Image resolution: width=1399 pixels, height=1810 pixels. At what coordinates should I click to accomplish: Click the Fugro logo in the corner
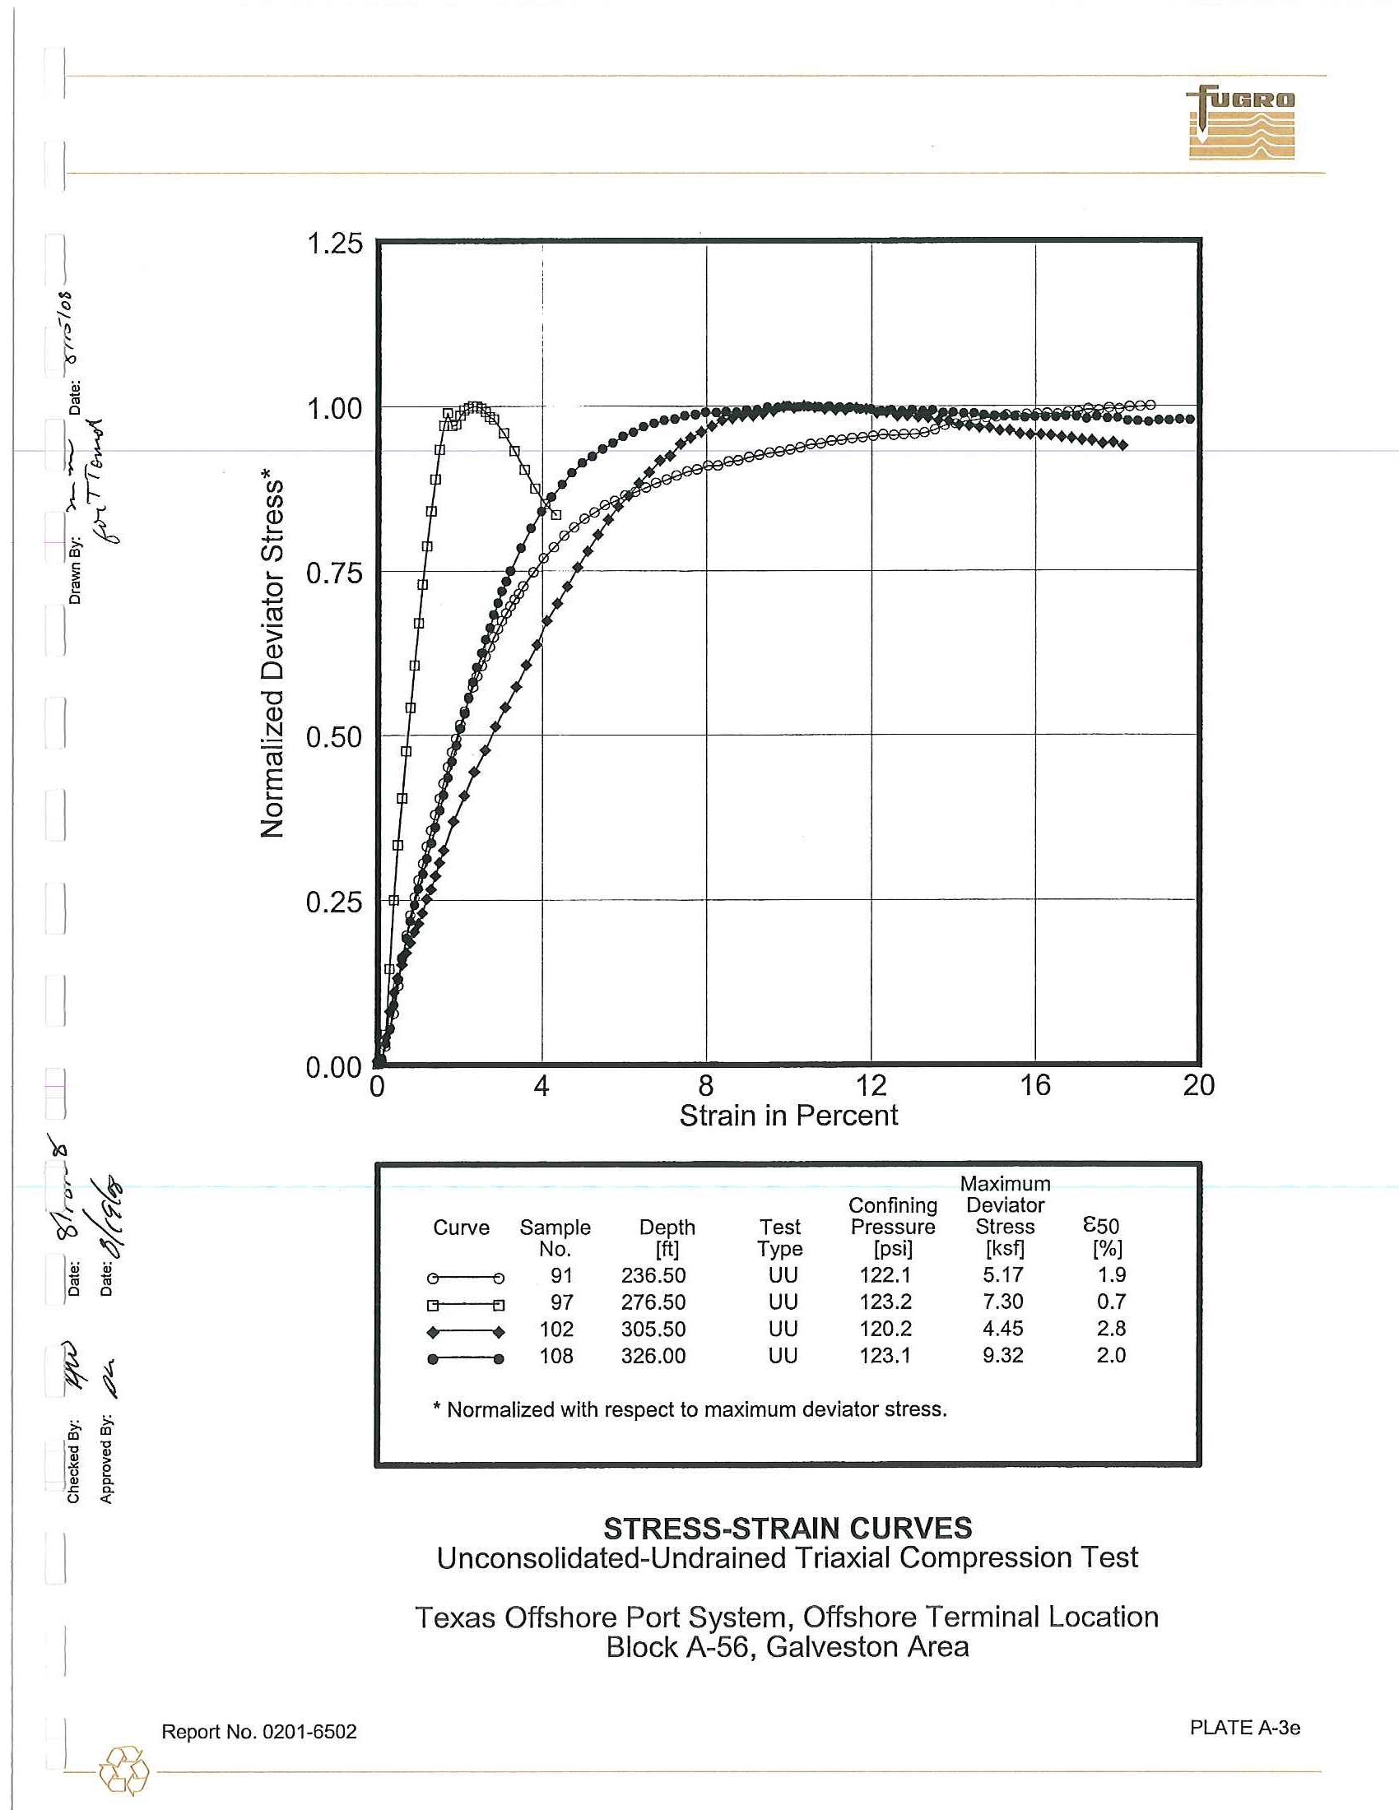click(x=1241, y=122)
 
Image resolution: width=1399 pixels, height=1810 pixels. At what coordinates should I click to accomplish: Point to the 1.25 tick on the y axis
click(x=335, y=244)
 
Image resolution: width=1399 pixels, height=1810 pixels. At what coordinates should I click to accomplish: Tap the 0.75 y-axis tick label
click(x=335, y=573)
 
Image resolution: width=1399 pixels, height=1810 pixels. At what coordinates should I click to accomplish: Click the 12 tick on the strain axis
click(x=871, y=1086)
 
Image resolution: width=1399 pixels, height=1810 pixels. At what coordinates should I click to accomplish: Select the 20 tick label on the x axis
click(x=1198, y=1086)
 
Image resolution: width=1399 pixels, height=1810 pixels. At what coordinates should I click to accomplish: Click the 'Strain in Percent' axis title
click(x=788, y=1116)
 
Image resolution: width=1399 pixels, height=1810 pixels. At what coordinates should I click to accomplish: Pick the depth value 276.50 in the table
click(x=653, y=1302)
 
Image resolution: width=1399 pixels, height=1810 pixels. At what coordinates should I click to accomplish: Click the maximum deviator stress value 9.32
click(x=1003, y=1355)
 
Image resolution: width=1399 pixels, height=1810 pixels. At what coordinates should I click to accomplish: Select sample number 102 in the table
click(x=556, y=1330)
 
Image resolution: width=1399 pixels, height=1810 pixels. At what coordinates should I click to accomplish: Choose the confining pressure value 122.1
click(x=885, y=1274)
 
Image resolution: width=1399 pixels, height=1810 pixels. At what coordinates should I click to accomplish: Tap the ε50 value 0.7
click(x=1111, y=1302)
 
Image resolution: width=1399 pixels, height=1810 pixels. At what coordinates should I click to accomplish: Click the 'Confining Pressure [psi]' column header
click(x=893, y=1227)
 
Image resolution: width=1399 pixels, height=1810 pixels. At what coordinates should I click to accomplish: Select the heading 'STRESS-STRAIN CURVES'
click(x=788, y=1529)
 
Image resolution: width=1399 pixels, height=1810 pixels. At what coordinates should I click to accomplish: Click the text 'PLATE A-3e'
click(x=1245, y=1728)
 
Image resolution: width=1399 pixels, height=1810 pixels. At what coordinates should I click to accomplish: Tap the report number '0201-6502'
click(x=309, y=1732)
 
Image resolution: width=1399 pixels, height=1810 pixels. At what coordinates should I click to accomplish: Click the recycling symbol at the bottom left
click(x=123, y=1771)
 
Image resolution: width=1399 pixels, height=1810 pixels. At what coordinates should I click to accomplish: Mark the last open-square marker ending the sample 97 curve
click(x=556, y=515)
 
